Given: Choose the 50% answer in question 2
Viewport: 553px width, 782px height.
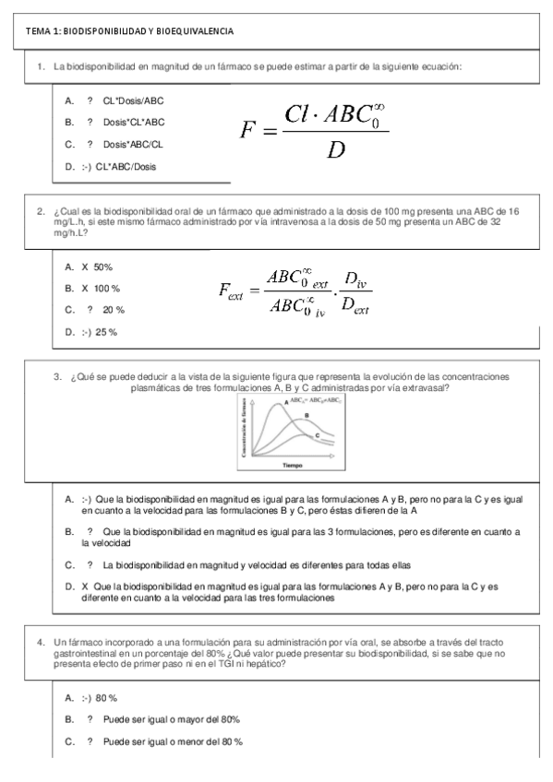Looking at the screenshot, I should (102, 267).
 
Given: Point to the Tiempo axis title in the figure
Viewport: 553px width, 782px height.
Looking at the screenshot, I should (293, 465).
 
